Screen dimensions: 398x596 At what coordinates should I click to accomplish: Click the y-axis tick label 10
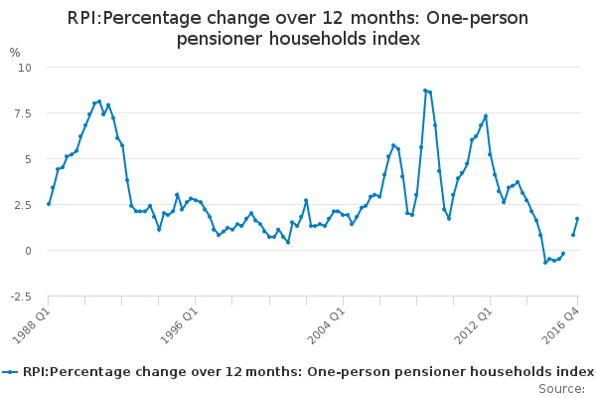click(x=26, y=68)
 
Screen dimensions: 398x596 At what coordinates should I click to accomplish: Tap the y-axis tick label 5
click(x=29, y=159)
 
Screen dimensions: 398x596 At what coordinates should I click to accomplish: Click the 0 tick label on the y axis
click(x=29, y=251)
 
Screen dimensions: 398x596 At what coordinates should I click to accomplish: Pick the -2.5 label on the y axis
click(x=21, y=297)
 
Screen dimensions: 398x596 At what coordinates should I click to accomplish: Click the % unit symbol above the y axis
click(x=14, y=52)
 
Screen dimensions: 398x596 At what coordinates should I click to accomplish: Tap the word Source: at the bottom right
click(x=561, y=388)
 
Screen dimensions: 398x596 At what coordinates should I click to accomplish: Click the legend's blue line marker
click(x=11, y=371)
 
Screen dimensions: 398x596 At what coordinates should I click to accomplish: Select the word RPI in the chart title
click(x=83, y=19)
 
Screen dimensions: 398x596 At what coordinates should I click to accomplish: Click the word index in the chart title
click(x=396, y=39)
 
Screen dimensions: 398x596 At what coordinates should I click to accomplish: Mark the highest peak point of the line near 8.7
click(x=425, y=91)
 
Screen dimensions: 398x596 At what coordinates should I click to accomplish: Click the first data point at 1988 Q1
click(x=48, y=204)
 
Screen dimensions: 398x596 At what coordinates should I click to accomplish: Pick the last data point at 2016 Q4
click(x=577, y=219)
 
